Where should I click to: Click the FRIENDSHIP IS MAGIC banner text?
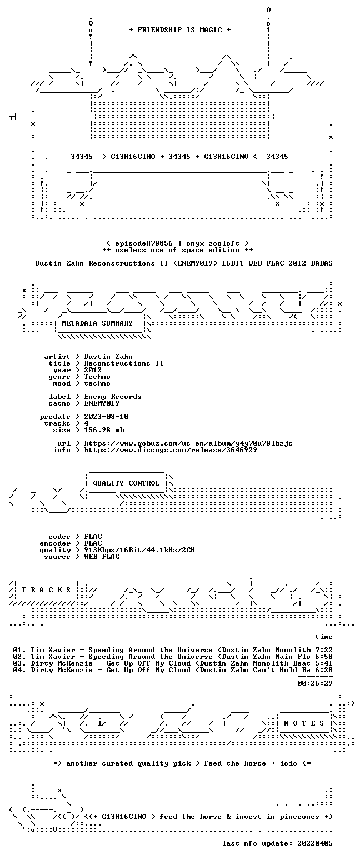(180, 30)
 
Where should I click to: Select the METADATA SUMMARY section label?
(97, 323)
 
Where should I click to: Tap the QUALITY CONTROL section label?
(126, 483)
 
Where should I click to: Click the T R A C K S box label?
(47, 589)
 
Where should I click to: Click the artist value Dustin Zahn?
(108, 357)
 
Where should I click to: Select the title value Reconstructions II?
(123, 363)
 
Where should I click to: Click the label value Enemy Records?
(113, 397)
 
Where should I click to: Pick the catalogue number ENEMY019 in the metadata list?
(102, 403)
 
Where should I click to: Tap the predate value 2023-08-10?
(106, 417)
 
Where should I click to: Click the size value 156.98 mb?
(104, 430)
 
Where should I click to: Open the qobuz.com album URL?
(188, 443)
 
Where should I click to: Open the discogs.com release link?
(171, 450)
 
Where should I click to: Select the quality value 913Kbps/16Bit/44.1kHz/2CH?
(139, 550)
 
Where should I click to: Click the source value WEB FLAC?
(102, 556)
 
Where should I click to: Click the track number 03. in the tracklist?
(19, 663)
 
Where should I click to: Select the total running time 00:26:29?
(314, 683)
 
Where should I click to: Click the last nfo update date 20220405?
(314, 843)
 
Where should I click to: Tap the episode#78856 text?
(143, 243)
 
